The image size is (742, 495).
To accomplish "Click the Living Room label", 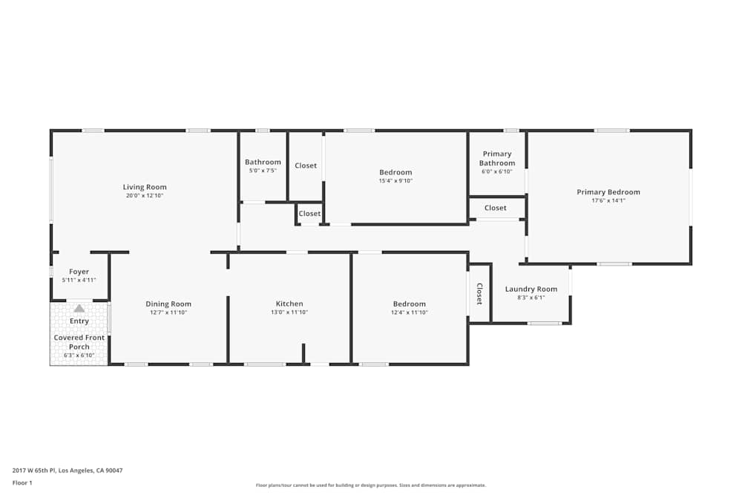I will click(x=145, y=187).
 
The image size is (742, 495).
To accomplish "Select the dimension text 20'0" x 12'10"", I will click(x=145, y=196).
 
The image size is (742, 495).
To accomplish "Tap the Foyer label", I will click(x=79, y=272).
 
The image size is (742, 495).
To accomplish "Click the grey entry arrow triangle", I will click(x=79, y=308).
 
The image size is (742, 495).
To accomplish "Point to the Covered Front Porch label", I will click(x=79, y=342).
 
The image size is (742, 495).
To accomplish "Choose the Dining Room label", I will click(x=168, y=304).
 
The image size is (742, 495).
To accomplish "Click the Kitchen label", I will click(x=289, y=304).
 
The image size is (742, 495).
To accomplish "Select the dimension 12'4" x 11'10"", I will click(x=410, y=312).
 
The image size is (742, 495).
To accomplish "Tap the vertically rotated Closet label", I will click(x=479, y=294).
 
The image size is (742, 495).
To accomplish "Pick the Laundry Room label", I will click(x=531, y=289).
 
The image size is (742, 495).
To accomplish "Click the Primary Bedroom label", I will click(x=608, y=192).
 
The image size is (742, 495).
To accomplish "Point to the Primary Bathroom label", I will click(x=496, y=159).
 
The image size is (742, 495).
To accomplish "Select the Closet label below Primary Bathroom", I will click(x=496, y=208).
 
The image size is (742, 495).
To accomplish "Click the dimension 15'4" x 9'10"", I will click(x=395, y=181).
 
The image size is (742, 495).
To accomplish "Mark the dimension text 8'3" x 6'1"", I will click(x=531, y=298).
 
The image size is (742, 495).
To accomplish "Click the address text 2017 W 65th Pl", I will click(x=68, y=470).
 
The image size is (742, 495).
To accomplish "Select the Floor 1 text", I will click(x=22, y=482).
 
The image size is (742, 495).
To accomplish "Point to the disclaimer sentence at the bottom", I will click(x=371, y=485).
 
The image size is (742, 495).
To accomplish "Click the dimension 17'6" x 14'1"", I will click(x=608, y=201).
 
